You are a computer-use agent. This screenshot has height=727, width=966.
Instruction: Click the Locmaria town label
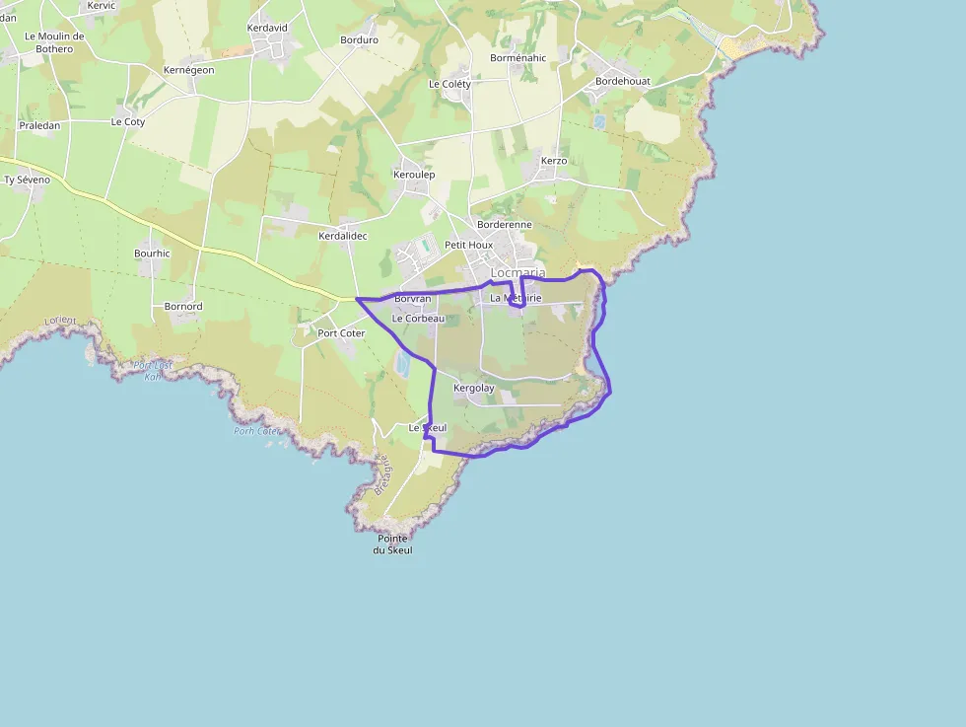517,272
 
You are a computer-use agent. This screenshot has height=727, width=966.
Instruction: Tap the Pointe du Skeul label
392,544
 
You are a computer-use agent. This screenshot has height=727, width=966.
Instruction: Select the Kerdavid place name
267,28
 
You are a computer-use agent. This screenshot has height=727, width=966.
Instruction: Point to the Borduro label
359,40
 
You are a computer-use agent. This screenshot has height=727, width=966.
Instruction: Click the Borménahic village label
517,58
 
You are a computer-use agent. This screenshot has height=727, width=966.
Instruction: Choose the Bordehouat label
623,81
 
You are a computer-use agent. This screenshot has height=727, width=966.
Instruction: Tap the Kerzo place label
554,161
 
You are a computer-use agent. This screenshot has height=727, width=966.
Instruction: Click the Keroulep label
414,175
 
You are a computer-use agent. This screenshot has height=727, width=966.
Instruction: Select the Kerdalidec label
343,237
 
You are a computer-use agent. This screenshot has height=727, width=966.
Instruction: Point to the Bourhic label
152,254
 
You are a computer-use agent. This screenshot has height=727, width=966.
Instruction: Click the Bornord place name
183,307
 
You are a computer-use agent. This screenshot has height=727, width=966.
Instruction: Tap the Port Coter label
341,333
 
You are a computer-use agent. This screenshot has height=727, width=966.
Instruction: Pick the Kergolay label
474,388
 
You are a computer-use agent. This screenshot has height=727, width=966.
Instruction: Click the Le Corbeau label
419,319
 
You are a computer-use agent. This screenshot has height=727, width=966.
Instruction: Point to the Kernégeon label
188,70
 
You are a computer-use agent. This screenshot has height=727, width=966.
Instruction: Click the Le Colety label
449,85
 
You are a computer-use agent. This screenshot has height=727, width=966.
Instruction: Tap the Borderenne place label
505,225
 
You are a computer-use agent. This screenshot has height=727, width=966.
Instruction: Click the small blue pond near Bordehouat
599,122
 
